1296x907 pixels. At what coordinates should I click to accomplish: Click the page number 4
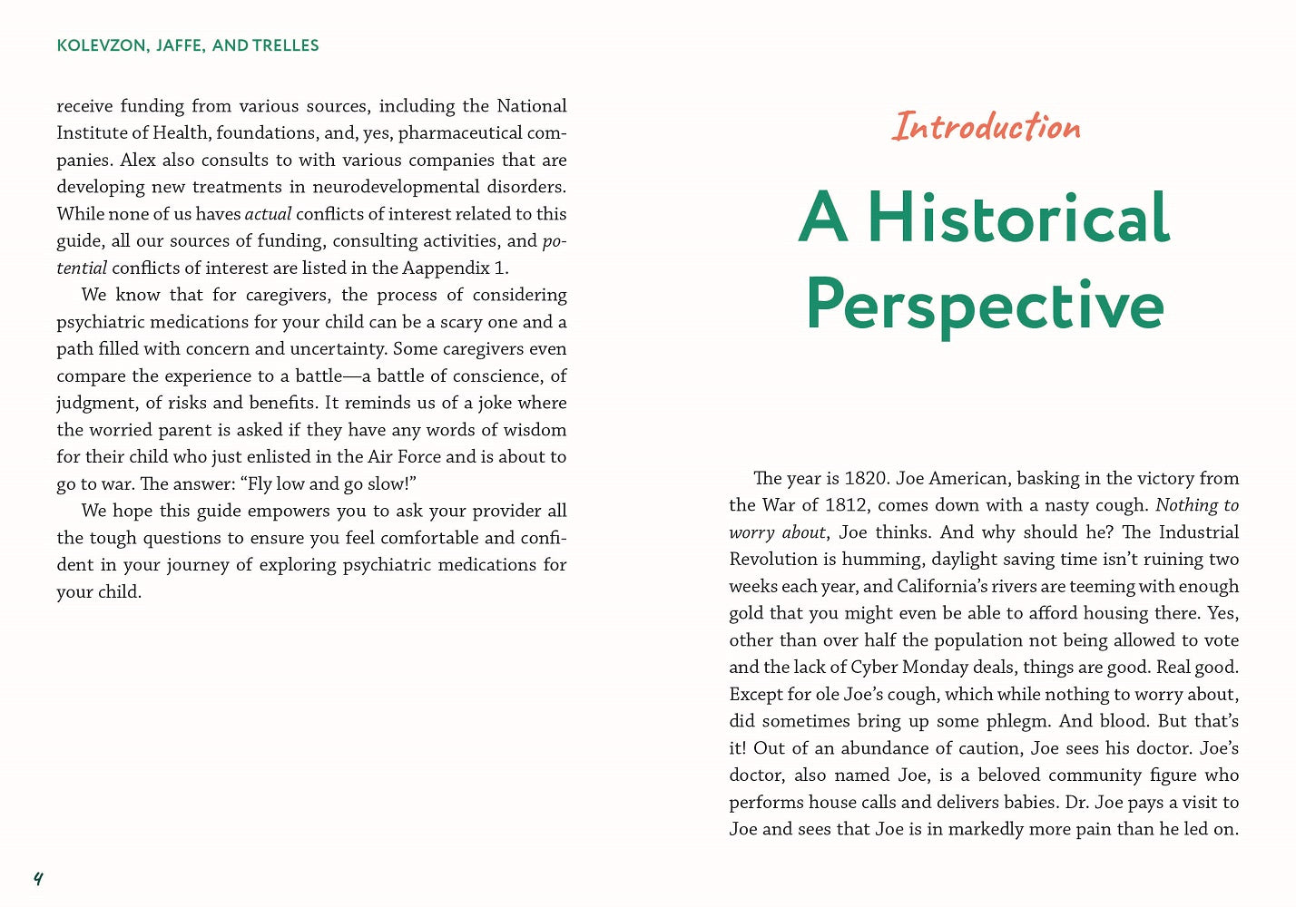pos(38,878)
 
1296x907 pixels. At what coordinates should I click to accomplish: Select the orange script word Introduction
pos(986,126)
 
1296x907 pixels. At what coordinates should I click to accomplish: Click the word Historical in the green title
pos(1018,218)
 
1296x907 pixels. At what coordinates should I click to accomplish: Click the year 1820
pos(867,479)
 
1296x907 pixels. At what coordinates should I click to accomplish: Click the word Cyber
pos(876,668)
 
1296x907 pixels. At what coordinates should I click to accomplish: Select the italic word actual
pos(268,214)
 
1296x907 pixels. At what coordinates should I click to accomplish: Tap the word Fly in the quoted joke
pos(259,483)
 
